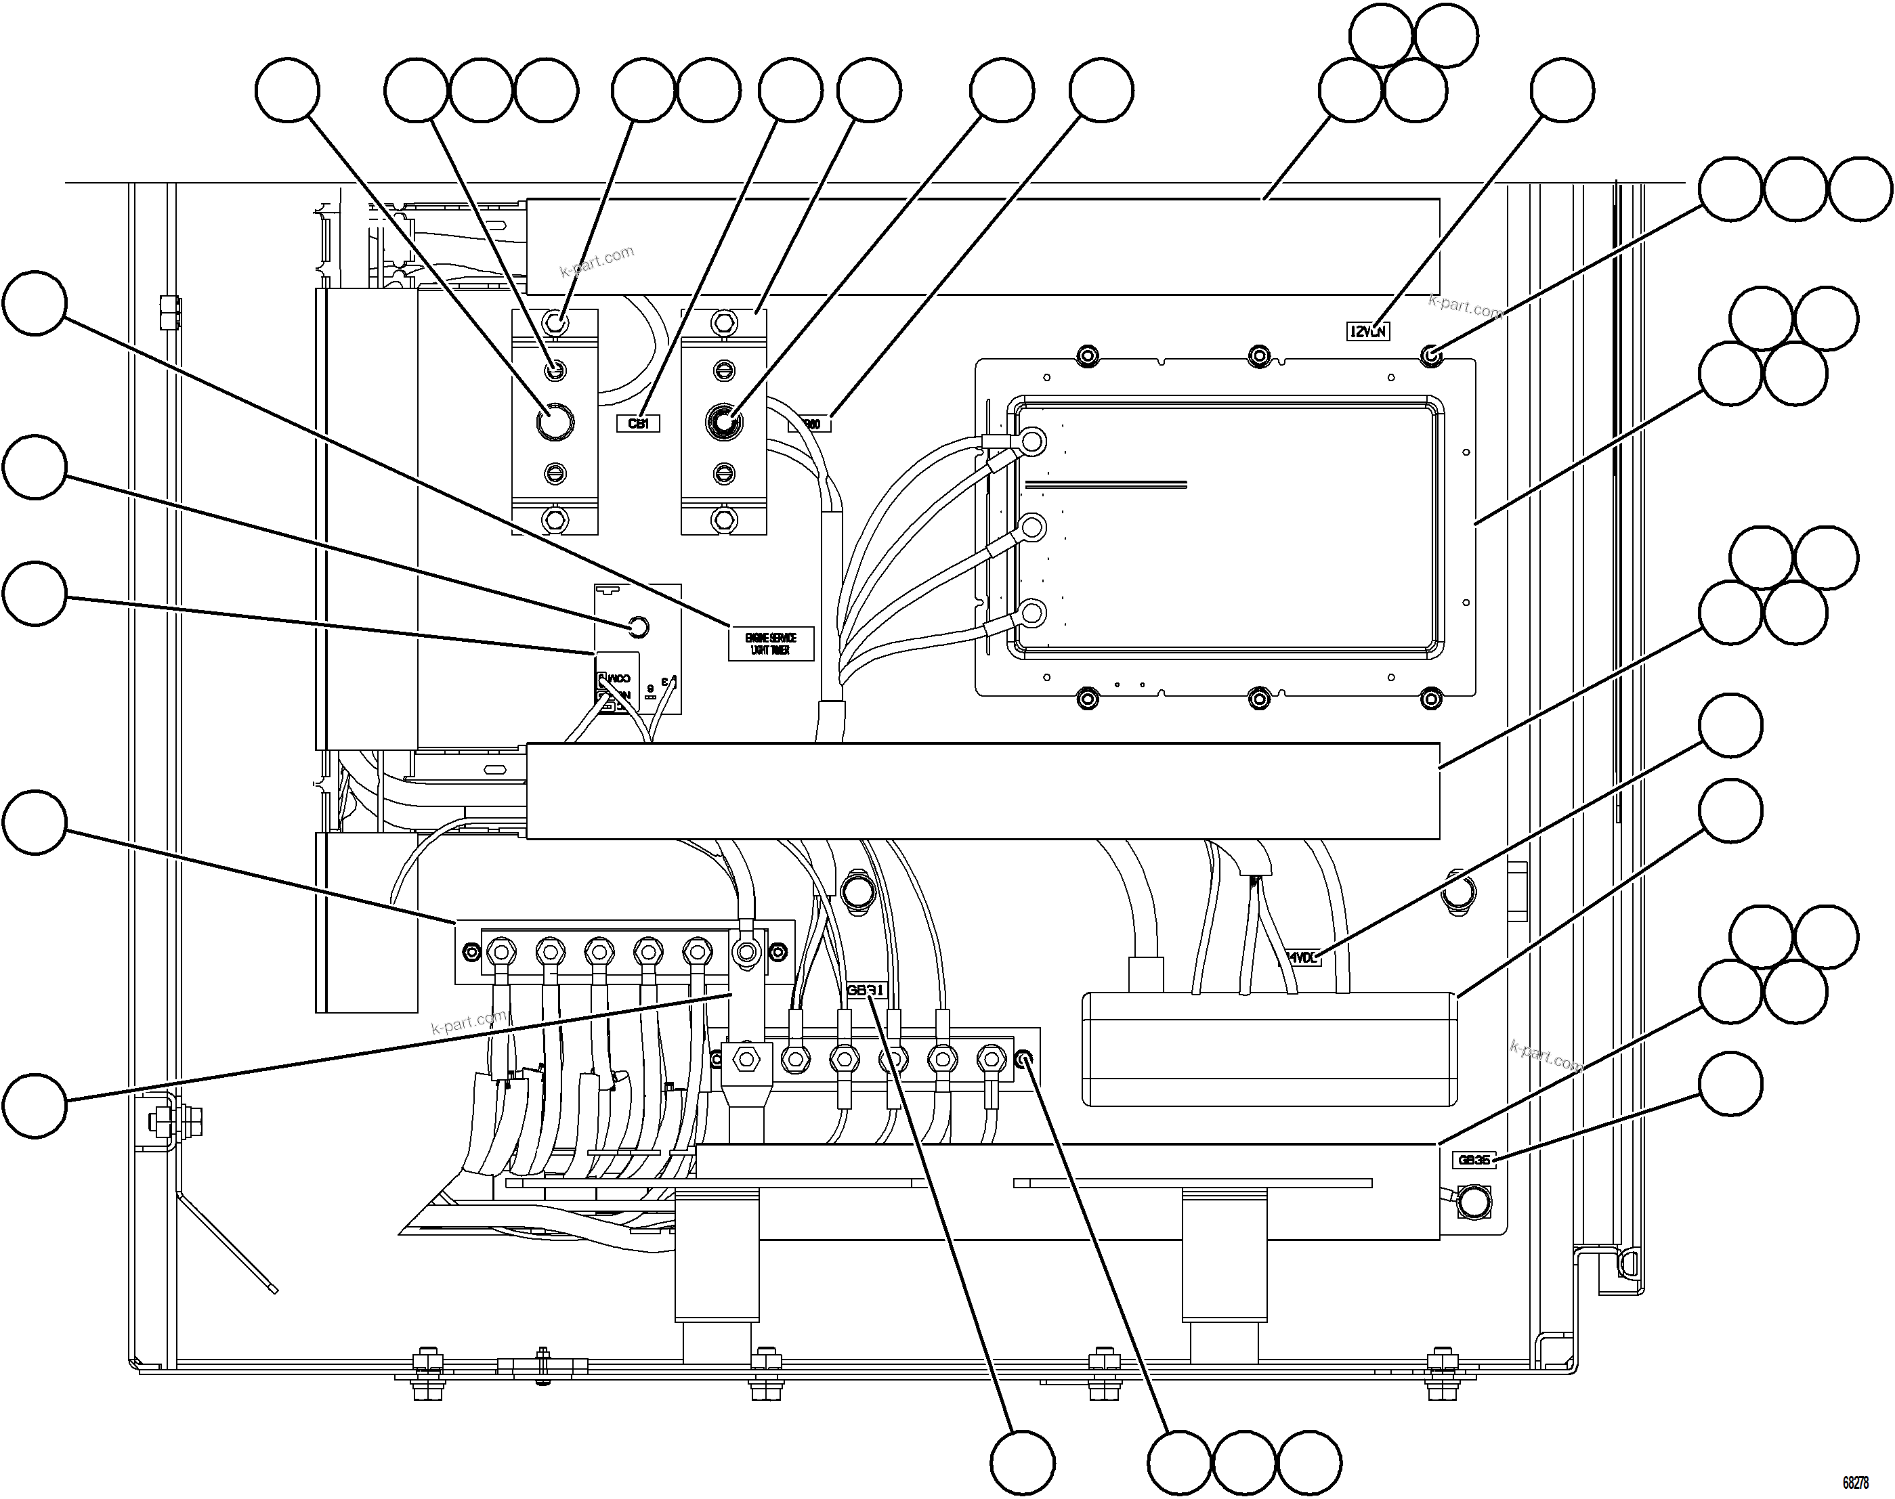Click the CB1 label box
point(638,424)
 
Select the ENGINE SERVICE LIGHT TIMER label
point(771,643)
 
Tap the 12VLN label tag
point(1367,332)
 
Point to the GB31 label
point(866,991)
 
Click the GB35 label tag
point(1474,1159)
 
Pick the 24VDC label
point(1302,957)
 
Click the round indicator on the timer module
point(639,628)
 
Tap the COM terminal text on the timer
point(619,678)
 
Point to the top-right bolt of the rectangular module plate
point(1430,356)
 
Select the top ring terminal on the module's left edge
point(1032,441)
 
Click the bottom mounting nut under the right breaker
point(723,519)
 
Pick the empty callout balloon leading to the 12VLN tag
point(1562,91)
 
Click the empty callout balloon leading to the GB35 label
point(1730,1084)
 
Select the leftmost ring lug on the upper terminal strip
point(501,951)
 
